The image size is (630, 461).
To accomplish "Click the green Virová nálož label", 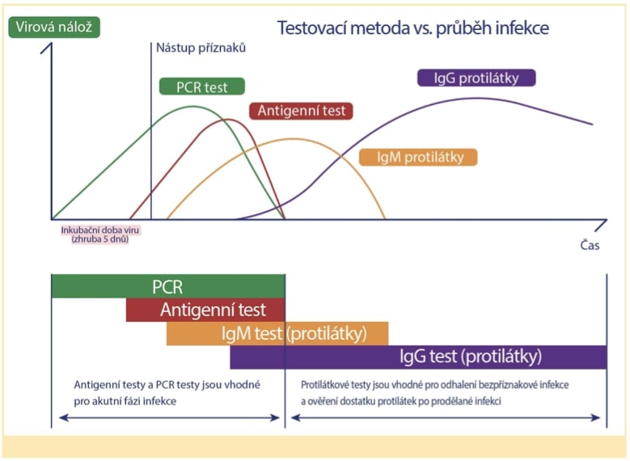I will tap(53, 26).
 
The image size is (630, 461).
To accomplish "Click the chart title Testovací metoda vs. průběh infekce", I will tap(412, 27).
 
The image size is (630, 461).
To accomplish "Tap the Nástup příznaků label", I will tap(201, 48).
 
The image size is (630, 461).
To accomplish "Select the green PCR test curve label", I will tap(201, 87).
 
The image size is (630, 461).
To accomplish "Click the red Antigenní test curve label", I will tap(301, 111).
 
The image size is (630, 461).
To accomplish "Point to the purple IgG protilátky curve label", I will tap(478, 78).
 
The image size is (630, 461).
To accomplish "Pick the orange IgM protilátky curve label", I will tap(417, 157).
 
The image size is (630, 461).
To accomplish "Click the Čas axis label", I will tap(590, 245).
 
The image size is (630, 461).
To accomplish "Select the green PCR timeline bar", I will tap(168, 286).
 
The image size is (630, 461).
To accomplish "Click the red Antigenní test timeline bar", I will tap(206, 310).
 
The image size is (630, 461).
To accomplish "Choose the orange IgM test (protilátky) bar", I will tap(277, 333).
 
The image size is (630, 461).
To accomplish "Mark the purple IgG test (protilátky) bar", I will tap(418, 357).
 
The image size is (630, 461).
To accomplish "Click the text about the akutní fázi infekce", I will tap(167, 392).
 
